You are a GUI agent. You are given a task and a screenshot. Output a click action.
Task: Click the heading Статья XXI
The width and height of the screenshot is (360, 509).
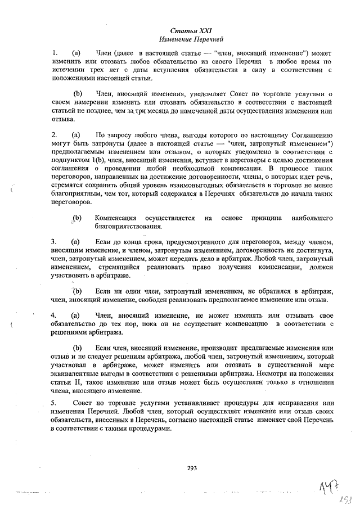[x=191, y=31]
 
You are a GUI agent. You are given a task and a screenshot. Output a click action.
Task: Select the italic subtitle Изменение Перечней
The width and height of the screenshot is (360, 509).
[x=191, y=40]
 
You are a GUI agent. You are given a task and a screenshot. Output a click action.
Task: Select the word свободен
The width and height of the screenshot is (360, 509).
[x=147, y=300]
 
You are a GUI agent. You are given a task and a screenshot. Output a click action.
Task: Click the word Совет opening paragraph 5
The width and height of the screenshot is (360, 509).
[x=84, y=403]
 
